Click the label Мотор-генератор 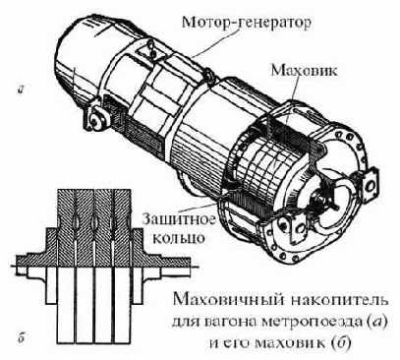click(x=247, y=23)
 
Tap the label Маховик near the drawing click(x=303, y=70)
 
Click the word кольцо click(x=179, y=238)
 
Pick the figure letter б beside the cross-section click(x=22, y=338)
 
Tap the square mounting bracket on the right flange click(x=371, y=185)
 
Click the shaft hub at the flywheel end click(x=317, y=200)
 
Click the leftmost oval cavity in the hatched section click(x=76, y=221)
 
